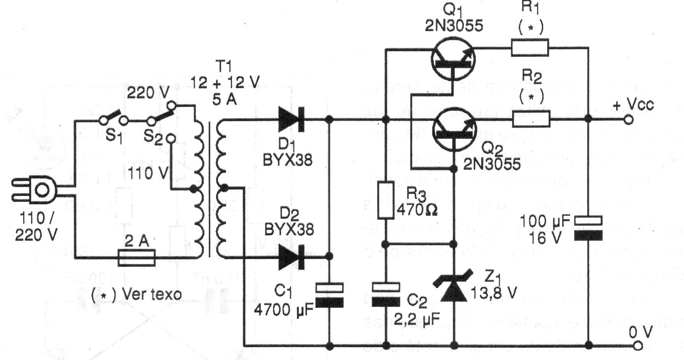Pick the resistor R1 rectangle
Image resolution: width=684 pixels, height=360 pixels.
(530, 48)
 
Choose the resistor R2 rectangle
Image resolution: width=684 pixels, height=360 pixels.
(530, 119)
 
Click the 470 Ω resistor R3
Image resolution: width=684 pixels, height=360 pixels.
(386, 200)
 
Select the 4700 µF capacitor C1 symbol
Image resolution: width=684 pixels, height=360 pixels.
(329, 295)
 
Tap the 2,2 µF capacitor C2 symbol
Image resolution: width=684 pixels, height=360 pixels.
(386, 294)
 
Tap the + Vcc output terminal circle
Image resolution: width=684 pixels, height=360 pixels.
(626, 119)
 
